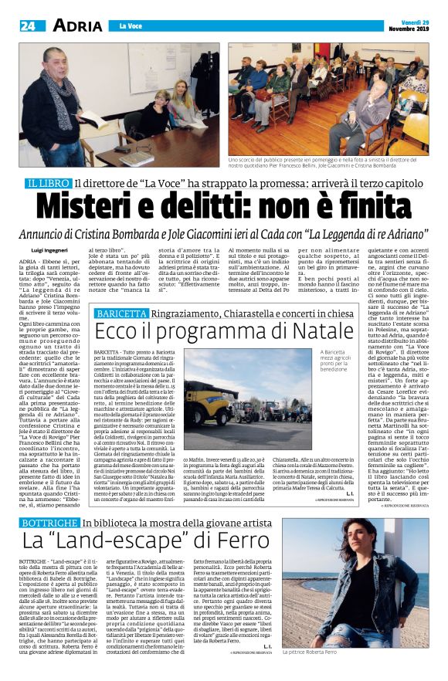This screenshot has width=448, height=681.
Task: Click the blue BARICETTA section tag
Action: pyautogui.click(x=120, y=313)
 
